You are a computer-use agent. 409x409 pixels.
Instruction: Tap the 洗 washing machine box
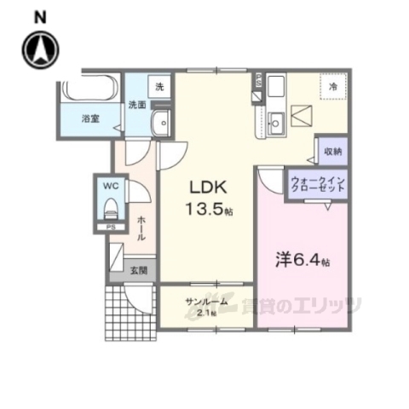tap(158, 87)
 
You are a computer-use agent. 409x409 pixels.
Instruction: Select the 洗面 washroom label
tap(137, 106)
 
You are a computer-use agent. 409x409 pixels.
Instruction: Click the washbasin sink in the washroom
tap(158, 125)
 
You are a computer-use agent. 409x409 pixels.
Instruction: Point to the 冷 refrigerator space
tap(334, 86)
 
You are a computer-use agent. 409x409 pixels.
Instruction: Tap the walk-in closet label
tap(317, 185)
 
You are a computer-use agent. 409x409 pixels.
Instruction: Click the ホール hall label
tap(141, 225)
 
